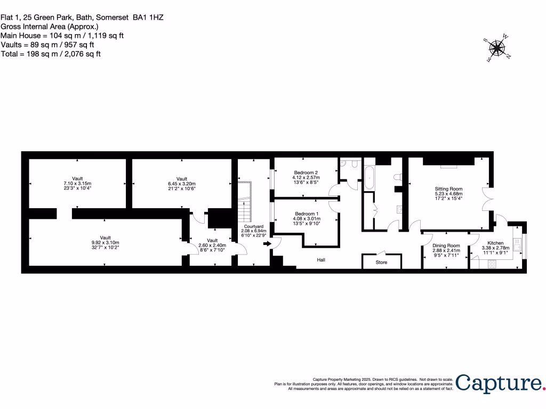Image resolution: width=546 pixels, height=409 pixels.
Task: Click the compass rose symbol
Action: click(x=497, y=48)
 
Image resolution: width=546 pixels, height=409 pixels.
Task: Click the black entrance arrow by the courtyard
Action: click(x=267, y=244)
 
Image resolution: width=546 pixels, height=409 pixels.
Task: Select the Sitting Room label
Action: click(x=448, y=189)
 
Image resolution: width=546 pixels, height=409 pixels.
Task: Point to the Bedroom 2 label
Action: click(x=306, y=173)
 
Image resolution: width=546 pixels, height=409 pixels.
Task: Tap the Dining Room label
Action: click(x=445, y=245)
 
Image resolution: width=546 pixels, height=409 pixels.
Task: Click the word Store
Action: click(x=381, y=263)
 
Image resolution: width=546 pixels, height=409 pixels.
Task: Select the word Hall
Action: click(x=321, y=260)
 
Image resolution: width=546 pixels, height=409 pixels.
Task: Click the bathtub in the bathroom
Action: click(x=370, y=178)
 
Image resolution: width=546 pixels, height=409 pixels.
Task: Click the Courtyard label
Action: click(x=253, y=226)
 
